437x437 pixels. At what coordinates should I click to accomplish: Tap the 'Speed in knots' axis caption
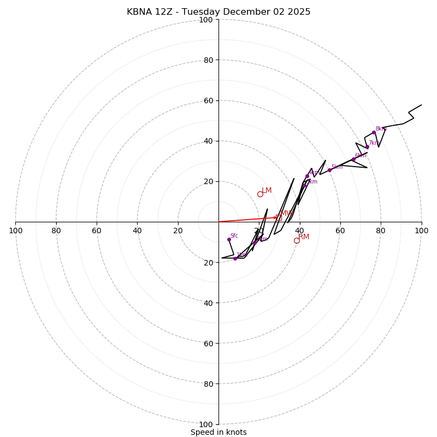pos(218,432)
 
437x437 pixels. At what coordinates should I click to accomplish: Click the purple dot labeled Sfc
pos(229,239)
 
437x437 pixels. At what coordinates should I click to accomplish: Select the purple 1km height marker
pos(235,258)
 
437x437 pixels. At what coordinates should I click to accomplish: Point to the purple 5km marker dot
pos(329,170)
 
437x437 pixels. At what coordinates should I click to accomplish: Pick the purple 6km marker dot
pos(353,160)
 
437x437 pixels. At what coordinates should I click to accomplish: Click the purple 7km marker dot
pos(367,146)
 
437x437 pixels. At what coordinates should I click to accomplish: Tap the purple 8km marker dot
pos(374,132)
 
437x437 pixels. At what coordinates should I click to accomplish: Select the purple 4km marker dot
pos(307,176)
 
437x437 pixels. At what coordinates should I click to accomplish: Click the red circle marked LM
pos(260,194)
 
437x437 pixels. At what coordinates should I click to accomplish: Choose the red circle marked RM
pos(297,240)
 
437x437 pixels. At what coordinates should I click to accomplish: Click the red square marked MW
pos(279,217)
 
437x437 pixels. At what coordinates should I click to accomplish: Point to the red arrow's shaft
pos(246,220)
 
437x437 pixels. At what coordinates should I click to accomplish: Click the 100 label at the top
pos(206,20)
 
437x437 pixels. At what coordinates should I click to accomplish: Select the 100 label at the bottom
pos(206,424)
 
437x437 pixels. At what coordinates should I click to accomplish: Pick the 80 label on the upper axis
pos(208,60)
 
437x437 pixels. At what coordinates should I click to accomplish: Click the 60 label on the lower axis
pos(208,344)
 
